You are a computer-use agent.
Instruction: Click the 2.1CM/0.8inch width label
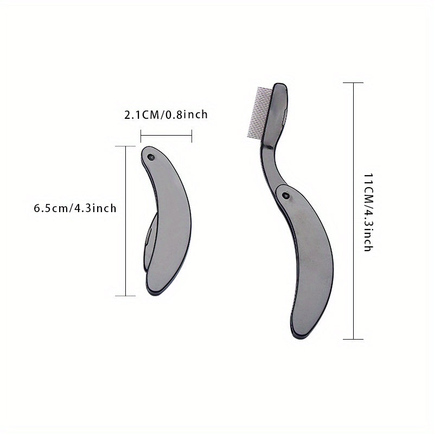coord(166,115)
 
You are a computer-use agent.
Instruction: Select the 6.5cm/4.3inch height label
coord(75,208)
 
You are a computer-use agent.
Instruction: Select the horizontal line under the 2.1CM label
coord(166,135)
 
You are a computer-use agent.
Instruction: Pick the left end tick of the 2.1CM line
coord(141,135)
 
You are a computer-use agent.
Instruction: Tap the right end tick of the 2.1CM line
coord(192,135)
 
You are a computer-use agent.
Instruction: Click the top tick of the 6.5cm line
coord(126,146)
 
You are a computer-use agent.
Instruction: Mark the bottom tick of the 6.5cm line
coord(126,296)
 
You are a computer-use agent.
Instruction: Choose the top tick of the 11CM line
coord(354,82)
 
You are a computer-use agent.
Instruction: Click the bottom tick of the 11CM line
coord(354,339)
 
